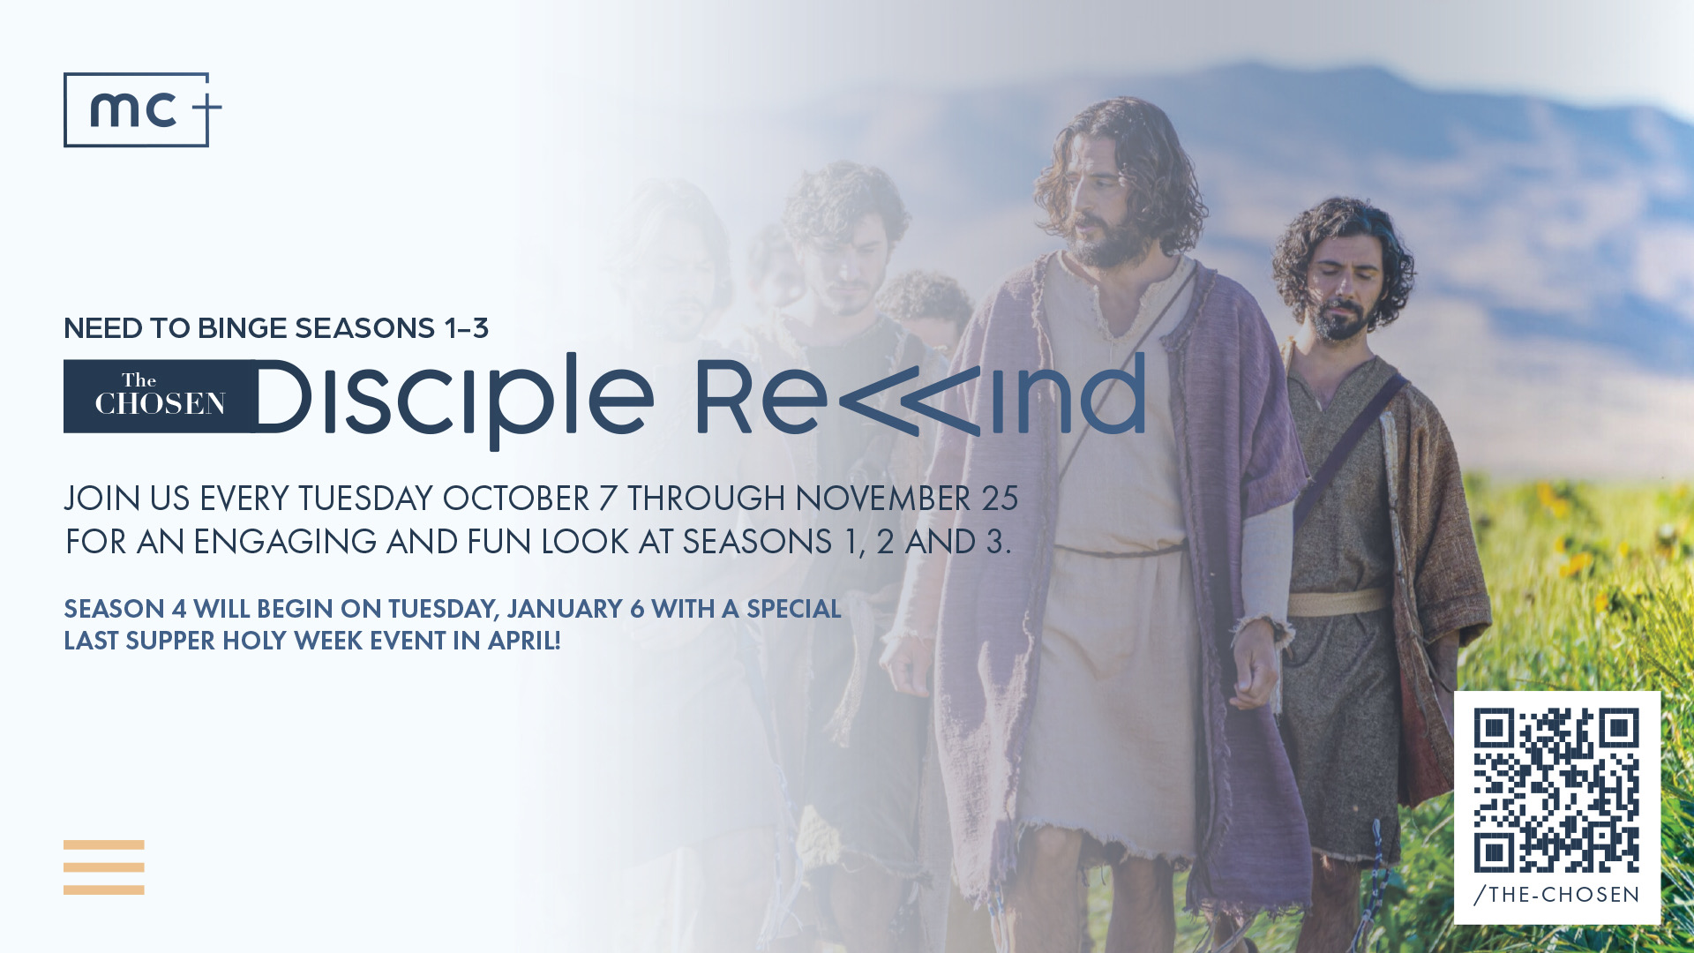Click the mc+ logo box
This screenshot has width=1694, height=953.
64,109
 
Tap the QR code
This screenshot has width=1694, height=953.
1556,790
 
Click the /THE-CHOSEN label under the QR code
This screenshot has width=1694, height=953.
1556,895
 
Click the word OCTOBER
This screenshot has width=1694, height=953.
515,499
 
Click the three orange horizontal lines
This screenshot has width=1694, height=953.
104,867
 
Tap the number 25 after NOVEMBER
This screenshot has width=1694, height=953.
1001,499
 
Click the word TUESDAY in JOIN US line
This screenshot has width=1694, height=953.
365,499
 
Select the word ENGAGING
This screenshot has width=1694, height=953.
285,542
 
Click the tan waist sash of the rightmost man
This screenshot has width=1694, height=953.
1338,604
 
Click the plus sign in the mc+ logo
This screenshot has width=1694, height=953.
206,110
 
